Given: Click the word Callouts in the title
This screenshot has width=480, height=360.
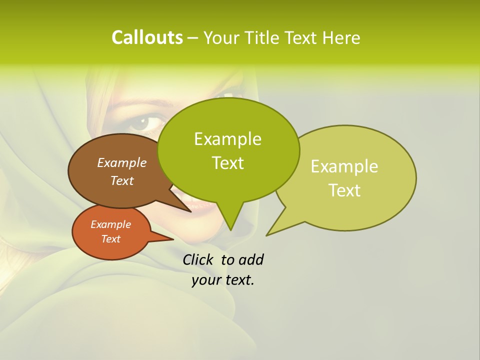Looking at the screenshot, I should pos(147,37).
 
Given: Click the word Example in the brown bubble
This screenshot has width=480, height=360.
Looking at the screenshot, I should pos(121,162).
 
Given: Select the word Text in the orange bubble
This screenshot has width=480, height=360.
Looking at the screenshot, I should pos(111,239).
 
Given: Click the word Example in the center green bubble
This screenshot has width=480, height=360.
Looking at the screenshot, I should pos(227,139).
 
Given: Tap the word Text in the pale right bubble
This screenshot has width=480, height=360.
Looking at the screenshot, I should pos(345,190).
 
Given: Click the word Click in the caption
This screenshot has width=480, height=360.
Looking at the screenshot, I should pos(198,259).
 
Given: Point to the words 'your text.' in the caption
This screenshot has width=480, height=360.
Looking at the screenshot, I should pos(223,280).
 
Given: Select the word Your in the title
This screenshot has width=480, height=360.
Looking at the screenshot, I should pos(223,37).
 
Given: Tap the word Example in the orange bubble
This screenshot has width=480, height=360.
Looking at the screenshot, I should pos(111,224).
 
